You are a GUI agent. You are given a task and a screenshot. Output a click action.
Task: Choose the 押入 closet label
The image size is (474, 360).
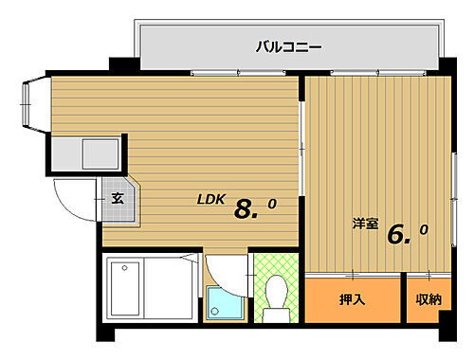click(x=352, y=300)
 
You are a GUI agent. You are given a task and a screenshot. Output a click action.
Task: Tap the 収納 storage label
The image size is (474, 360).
click(x=428, y=300)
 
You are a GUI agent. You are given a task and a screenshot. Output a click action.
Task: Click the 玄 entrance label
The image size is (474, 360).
click(x=117, y=199)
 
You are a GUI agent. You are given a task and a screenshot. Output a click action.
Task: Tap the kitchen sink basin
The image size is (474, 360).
click(x=99, y=153)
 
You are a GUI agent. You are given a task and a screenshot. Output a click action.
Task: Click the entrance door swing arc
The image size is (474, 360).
click(x=72, y=197)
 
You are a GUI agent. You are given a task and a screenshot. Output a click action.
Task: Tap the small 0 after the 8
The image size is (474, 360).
click(x=272, y=203)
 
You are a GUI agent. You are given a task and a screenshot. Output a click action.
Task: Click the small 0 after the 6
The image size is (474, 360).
click(x=423, y=229)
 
